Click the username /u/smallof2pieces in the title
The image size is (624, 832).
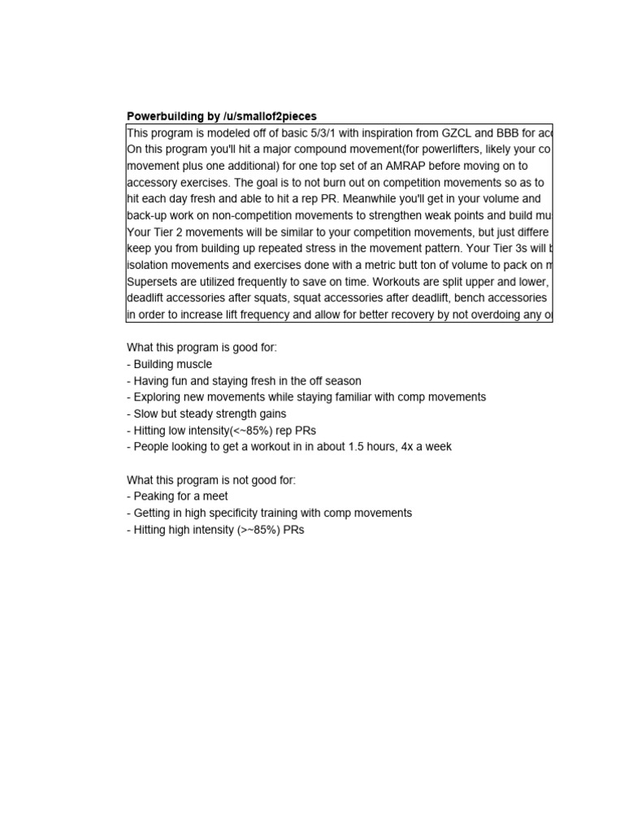pyautogui.click(x=270, y=116)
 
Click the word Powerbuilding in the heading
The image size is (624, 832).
pyautogui.click(x=165, y=116)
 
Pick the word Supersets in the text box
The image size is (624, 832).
pyautogui.click(x=153, y=281)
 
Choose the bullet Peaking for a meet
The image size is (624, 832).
pyautogui.click(x=177, y=496)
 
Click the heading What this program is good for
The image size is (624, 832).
pyautogui.click(x=201, y=348)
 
